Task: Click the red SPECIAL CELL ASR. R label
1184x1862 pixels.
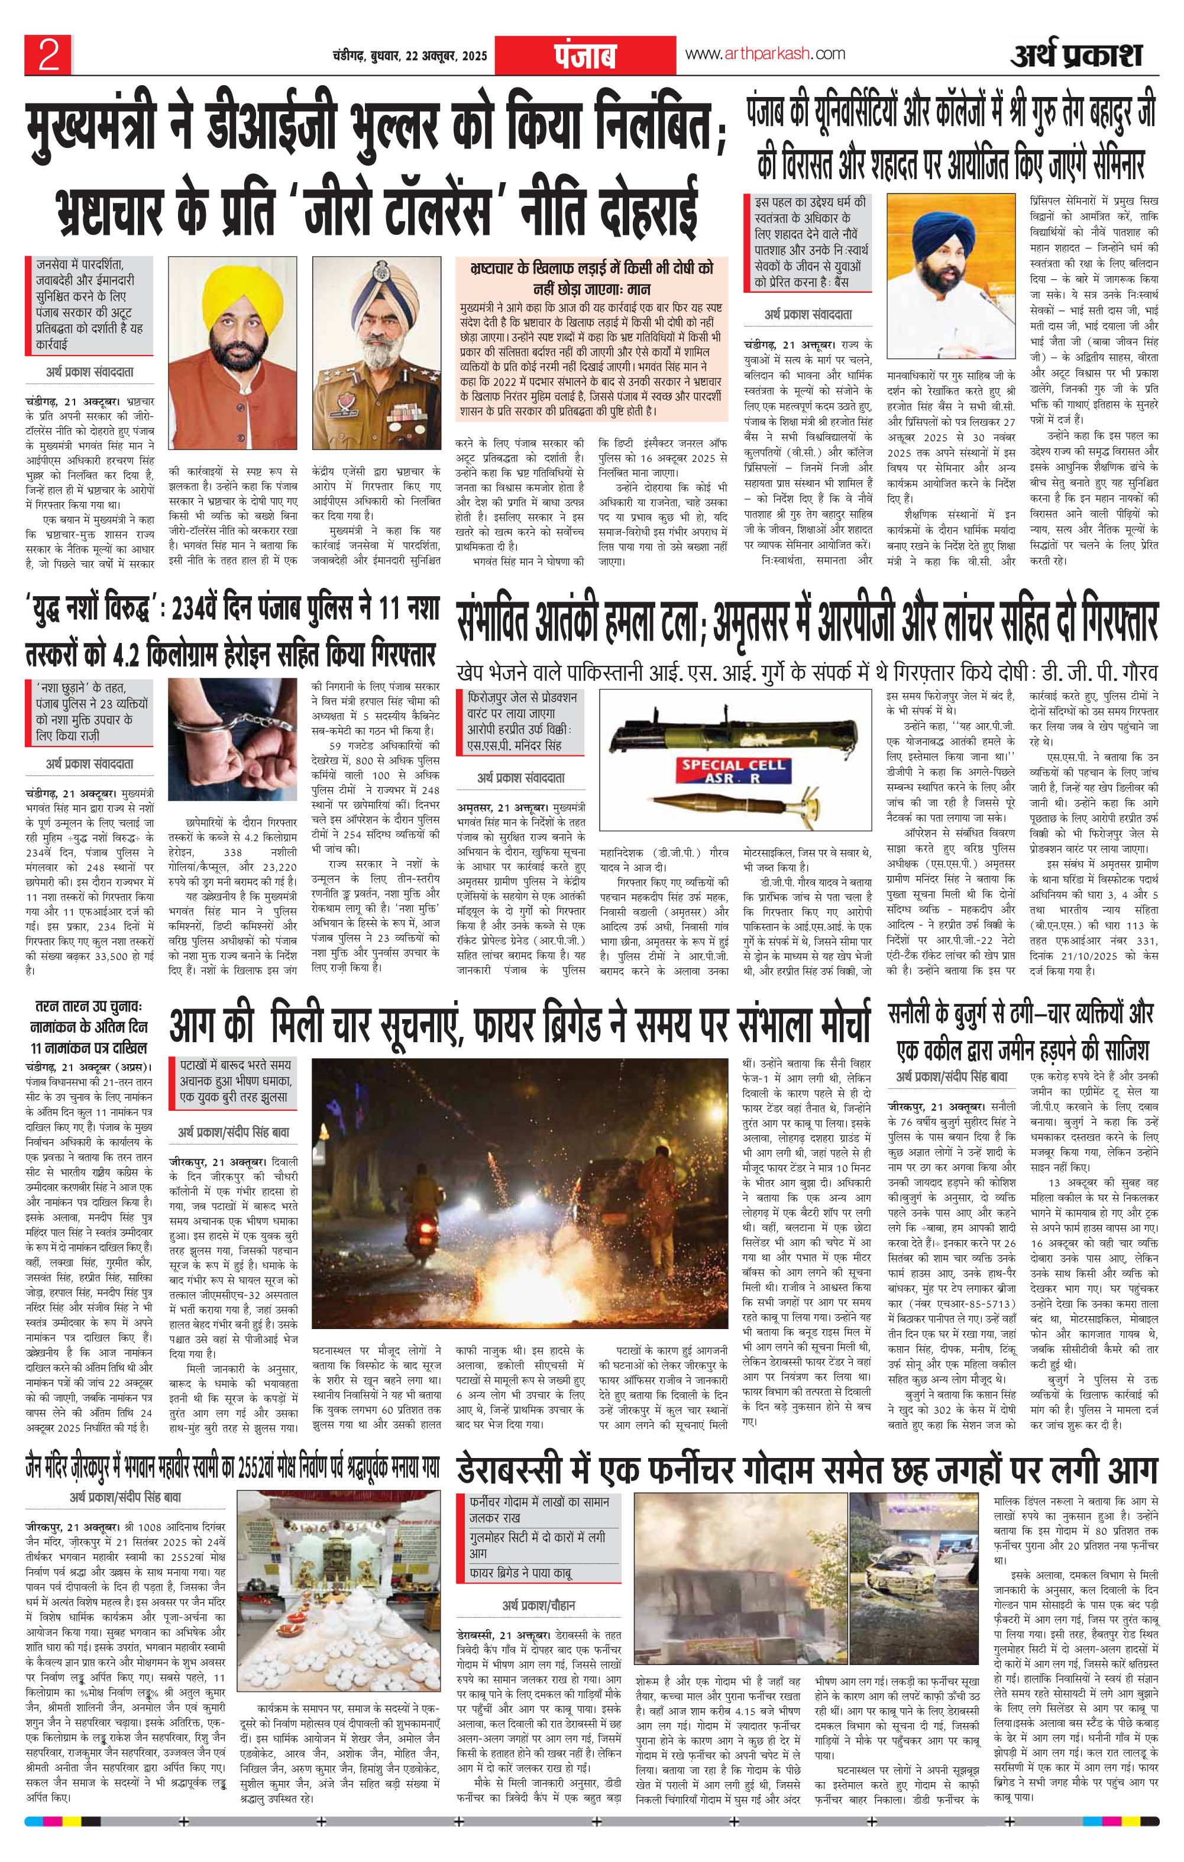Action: tap(732, 770)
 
